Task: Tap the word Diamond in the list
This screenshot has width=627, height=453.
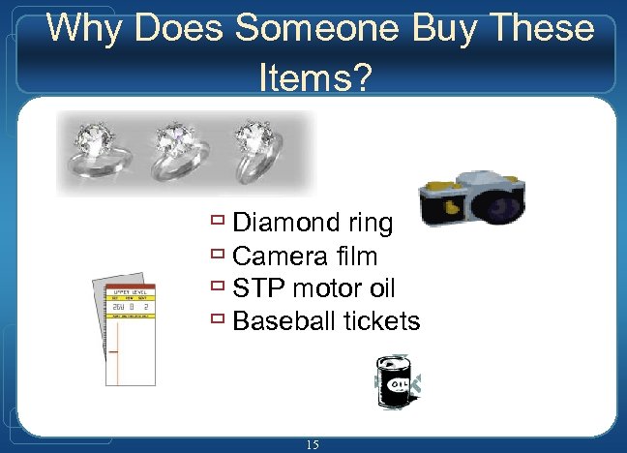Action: (284, 224)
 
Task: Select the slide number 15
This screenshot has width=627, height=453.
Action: (312, 444)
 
